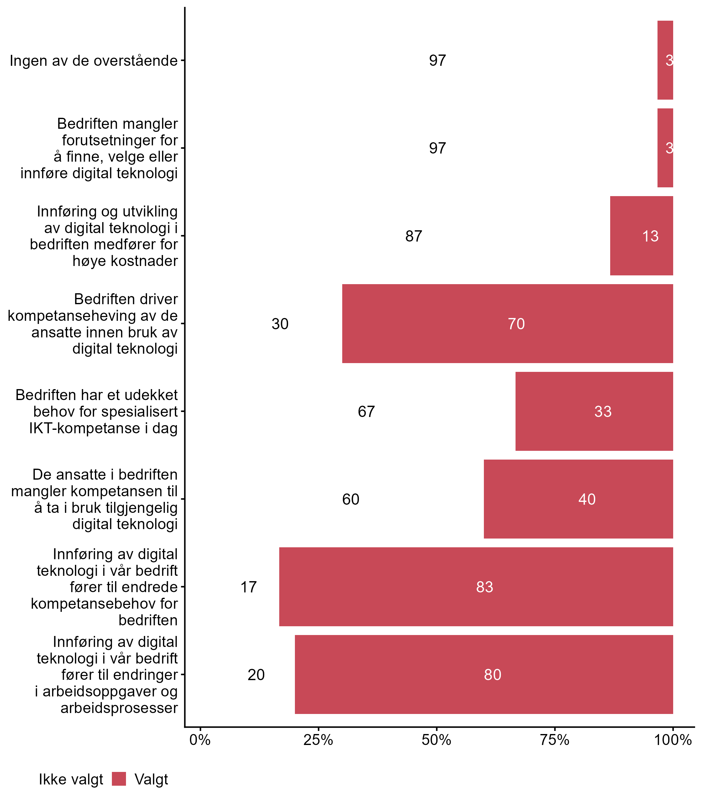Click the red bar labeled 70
pyautogui.click(x=507, y=323)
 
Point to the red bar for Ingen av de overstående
pyautogui.click(x=665, y=60)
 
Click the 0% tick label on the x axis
pyautogui.click(x=200, y=740)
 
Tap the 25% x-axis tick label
pyautogui.click(x=318, y=740)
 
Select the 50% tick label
pyautogui.click(x=436, y=740)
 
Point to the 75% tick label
pyautogui.click(x=555, y=740)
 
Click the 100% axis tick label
pyautogui.click(x=673, y=740)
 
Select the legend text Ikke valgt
pyautogui.click(x=71, y=779)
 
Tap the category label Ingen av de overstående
pyautogui.click(x=94, y=61)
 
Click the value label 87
pyautogui.click(x=414, y=236)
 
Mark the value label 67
pyautogui.click(x=366, y=412)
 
